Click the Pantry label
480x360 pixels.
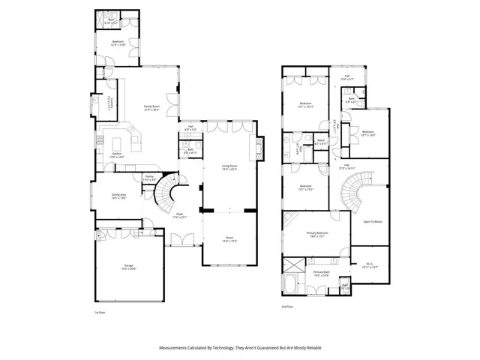tap(149, 177)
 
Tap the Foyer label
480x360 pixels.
tap(181, 214)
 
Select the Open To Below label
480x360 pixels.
tap(373, 222)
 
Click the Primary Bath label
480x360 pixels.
tap(322, 272)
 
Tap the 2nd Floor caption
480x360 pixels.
tap(287, 307)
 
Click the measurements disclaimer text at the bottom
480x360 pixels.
tap(240, 347)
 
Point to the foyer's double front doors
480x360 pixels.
tap(181, 240)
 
